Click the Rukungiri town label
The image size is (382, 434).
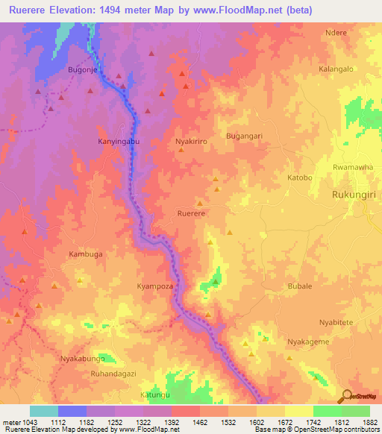click(355, 195)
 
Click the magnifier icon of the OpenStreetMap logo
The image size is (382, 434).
click(347, 395)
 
